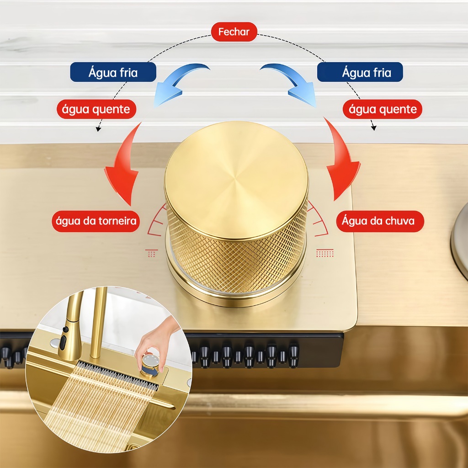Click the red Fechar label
click(x=234, y=32)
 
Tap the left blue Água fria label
click(x=113, y=72)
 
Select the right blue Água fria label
click(x=360, y=72)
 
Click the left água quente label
click(x=96, y=109)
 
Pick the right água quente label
click(x=383, y=109)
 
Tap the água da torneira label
click(x=96, y=222)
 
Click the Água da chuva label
click(x=378, y=221)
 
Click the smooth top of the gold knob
click(x=236, y=178)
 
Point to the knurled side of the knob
click(x=238, y=261)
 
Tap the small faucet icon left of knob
click(x=152, y=253)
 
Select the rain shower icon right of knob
click(x=325, y=253)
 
